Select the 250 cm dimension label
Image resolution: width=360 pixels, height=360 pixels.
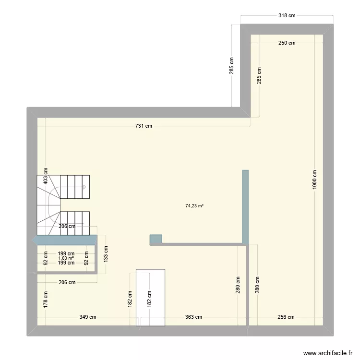[287, 43]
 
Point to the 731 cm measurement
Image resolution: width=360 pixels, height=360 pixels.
[143, 126]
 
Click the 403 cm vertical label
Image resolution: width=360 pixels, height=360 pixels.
[46, 176]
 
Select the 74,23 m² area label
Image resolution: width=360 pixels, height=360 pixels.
[194, 206]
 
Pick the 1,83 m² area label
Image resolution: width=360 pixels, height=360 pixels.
[66, 258]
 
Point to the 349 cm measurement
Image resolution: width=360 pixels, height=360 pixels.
[88, 317]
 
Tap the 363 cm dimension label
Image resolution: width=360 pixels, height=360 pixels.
[193, 317]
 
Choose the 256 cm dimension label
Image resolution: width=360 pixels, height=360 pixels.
[286, 317]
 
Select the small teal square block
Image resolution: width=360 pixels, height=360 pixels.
[156, 239]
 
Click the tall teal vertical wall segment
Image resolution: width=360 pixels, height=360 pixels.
[245, 206]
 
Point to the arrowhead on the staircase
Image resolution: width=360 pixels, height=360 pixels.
[85, 187]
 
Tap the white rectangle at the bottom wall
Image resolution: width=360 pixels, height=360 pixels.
[150, 298]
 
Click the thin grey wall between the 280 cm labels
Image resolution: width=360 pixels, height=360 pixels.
[248, 286]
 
